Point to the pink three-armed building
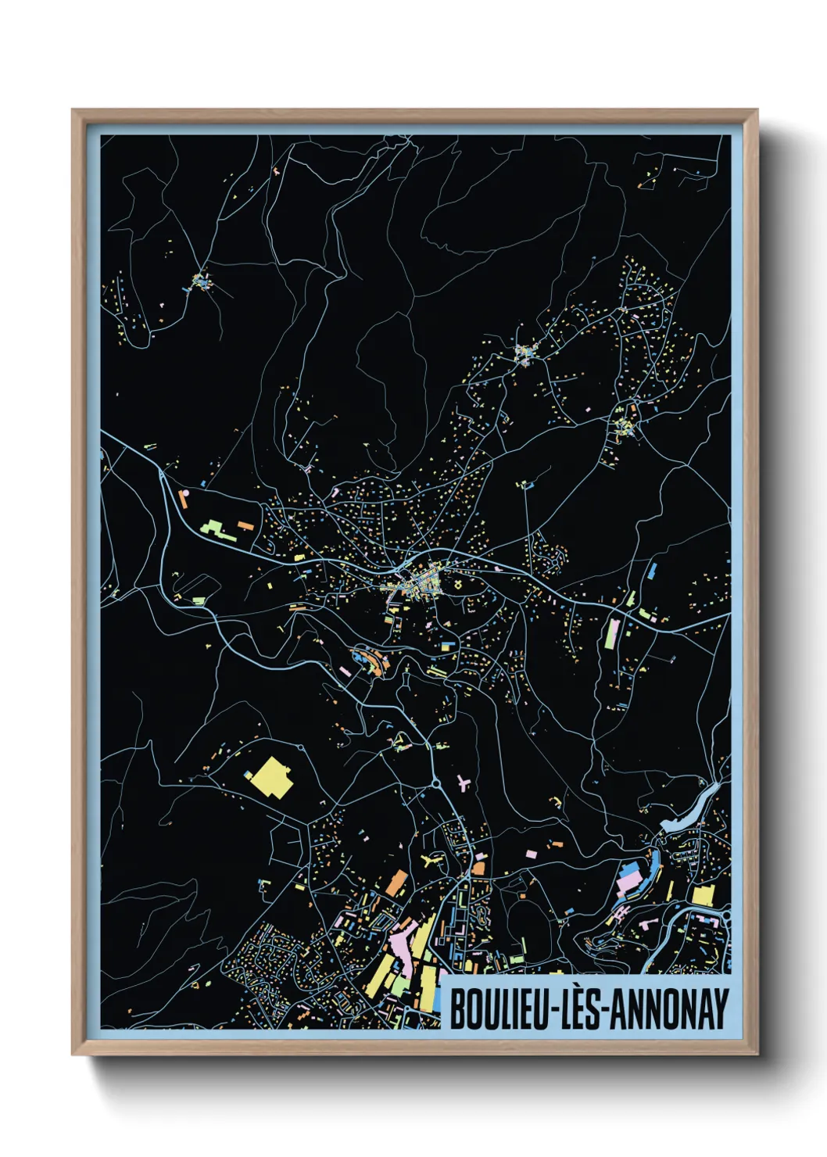point(463,782)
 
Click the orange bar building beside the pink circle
point(185,499)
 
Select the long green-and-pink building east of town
point(612,632)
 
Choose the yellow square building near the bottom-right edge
point(703,896)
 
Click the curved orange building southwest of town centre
point(381,664)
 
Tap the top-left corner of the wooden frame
point(73,110)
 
